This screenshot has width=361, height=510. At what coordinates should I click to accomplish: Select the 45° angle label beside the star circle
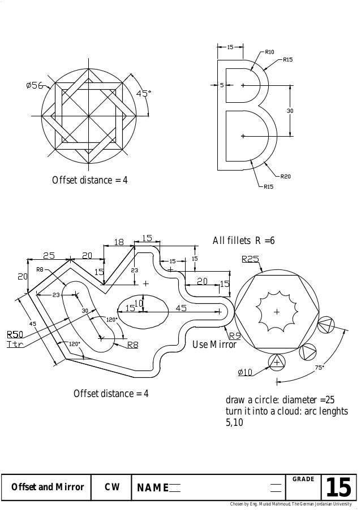144,94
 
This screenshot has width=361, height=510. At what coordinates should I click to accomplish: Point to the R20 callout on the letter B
286,177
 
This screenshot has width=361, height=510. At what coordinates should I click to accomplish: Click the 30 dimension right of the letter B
290,111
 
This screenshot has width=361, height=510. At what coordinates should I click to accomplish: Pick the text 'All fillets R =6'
243,241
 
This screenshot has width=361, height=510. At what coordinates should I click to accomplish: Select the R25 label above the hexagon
251,260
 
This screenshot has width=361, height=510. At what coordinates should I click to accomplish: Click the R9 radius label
235,335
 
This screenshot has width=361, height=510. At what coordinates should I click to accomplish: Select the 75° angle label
319,367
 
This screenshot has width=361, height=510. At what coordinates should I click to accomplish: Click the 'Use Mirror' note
214,345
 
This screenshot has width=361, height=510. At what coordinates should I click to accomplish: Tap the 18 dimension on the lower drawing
119,242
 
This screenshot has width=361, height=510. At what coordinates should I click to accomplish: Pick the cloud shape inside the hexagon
276,311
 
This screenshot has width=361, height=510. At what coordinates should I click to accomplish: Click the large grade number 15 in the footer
338,487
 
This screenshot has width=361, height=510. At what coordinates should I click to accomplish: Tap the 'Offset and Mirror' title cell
48,487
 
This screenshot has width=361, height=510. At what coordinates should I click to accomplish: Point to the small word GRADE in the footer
303,480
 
